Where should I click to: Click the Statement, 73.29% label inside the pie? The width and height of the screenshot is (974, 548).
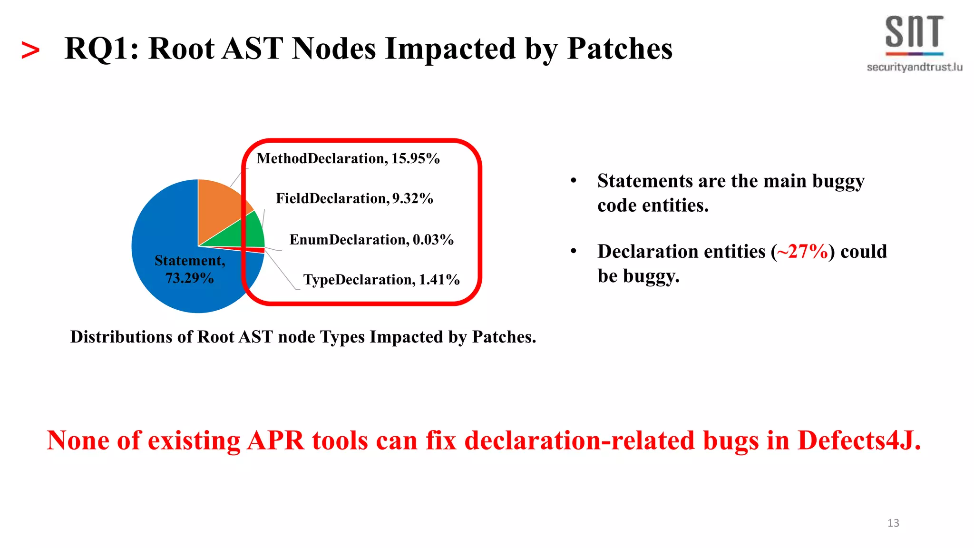pyautogui.click(x=190, y=269)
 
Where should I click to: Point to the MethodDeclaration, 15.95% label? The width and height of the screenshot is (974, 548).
pyautogui.click(x=348, y=158)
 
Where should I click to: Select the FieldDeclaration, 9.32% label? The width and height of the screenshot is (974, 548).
pyautogui.click(x=354, y=198)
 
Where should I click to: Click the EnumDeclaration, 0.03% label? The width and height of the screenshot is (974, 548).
pyautogui.click(x=371, y=239)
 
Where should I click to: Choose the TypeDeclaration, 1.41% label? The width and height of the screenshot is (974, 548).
pyautogui.click(x=381, y=280)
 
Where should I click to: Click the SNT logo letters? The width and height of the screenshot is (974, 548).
pyautogui.click(x=914, y=32)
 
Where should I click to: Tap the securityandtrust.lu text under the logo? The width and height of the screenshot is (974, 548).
pyautogui.click(x=914, y=67)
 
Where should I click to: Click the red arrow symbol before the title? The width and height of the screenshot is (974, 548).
pyautogui.click(x=30, y=50)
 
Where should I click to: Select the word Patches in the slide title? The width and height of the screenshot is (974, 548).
pyautogui.click(x=620, y=49)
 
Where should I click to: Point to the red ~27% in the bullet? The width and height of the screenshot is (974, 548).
pyautogui.click(x=802, y=251)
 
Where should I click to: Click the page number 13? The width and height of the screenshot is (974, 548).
pyautogui.click(x=893, y=523)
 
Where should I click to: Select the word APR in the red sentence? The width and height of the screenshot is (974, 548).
pyautogui.click(x=275, y=440)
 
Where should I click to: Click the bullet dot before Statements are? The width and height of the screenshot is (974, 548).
pyautogui.click(x=574, y=181)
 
